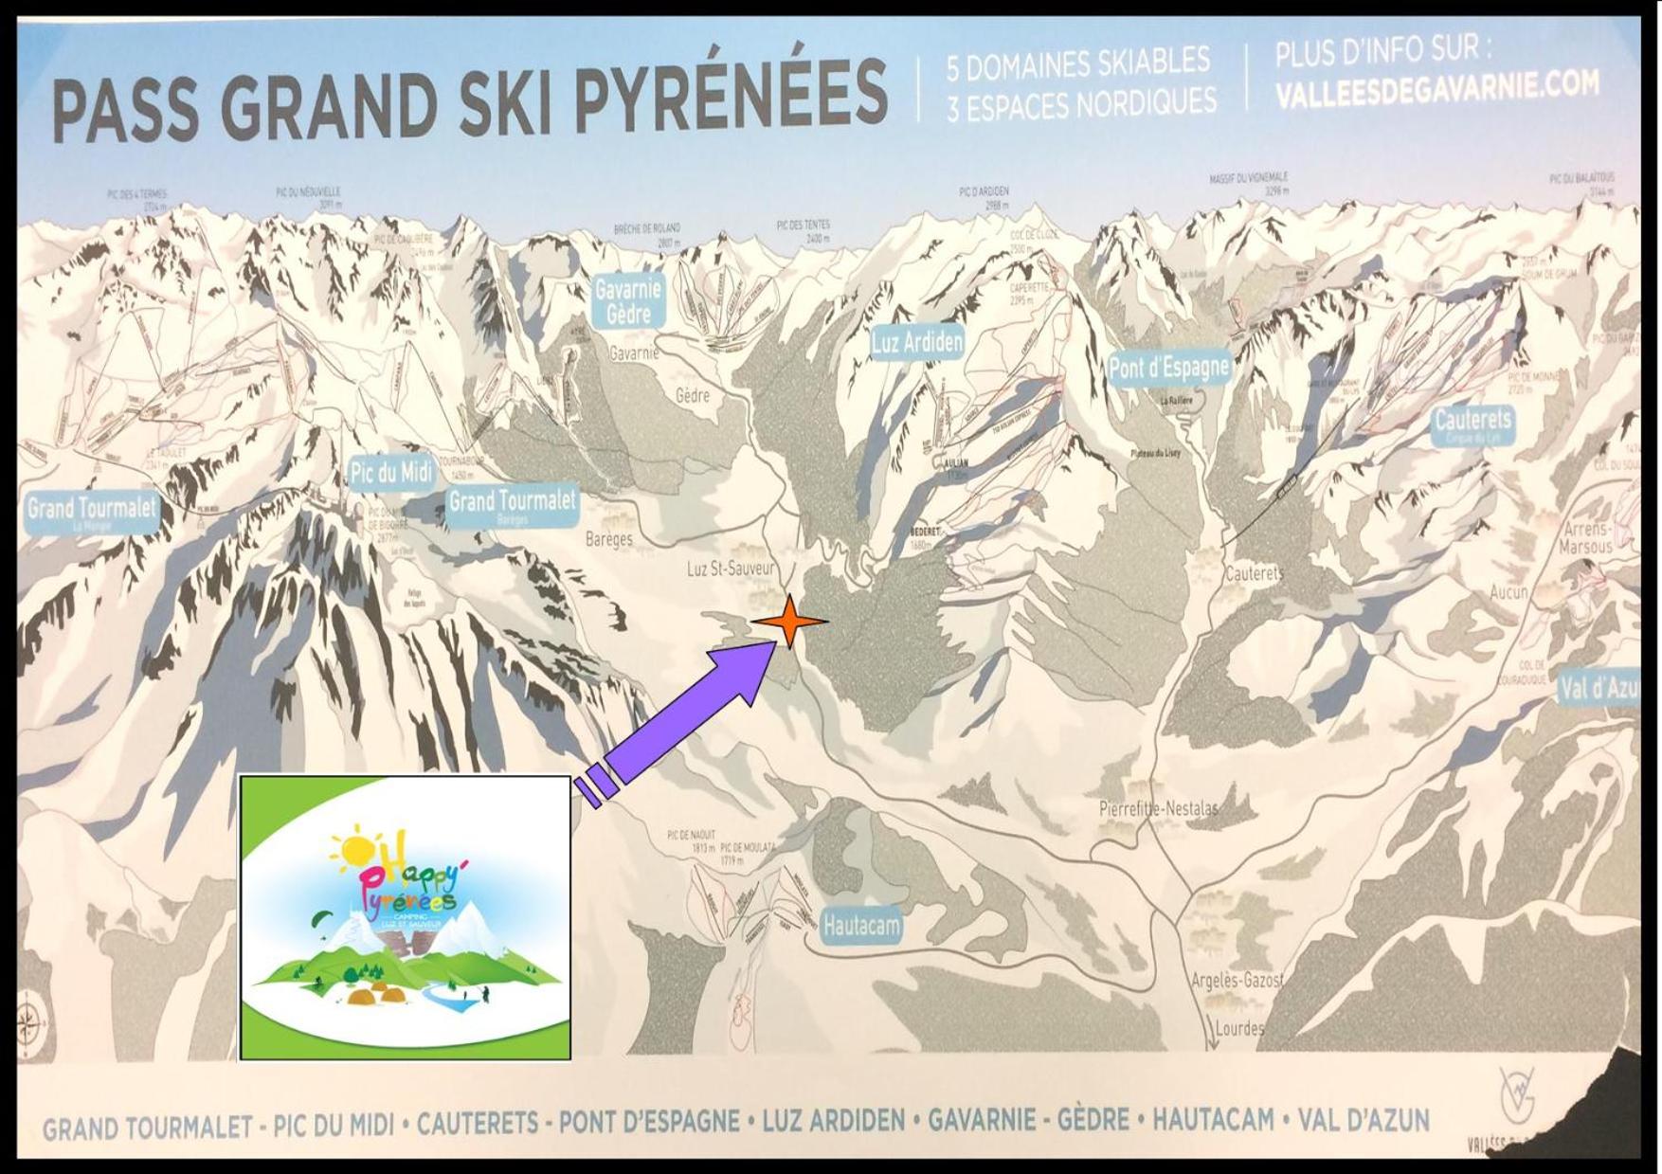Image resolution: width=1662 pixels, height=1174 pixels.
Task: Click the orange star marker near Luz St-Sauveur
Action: (789, 622)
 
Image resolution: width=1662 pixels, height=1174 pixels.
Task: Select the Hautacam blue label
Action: (860, 925)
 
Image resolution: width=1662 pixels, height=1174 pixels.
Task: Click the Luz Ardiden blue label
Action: (916, 343)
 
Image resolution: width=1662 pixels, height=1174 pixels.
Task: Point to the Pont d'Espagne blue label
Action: (1169, 368)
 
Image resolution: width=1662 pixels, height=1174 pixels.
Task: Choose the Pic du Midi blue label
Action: (390, 471)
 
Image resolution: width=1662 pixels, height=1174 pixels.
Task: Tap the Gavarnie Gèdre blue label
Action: (628, 300)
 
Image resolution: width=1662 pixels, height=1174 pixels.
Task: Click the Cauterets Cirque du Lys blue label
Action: (1472, 424)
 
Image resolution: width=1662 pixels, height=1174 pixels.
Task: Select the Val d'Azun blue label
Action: (1599, 689)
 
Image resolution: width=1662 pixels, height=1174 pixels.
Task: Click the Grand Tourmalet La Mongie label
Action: (91, 512)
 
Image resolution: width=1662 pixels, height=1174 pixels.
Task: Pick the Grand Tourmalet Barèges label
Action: (512, 504)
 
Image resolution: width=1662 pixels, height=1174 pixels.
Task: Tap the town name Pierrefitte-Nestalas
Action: (1158, 809)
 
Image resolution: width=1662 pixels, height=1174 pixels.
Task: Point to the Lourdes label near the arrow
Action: (1238, 1028)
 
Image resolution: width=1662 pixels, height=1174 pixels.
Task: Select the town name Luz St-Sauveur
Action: (731, 569)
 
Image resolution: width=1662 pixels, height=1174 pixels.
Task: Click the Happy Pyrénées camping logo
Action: (405, 917)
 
